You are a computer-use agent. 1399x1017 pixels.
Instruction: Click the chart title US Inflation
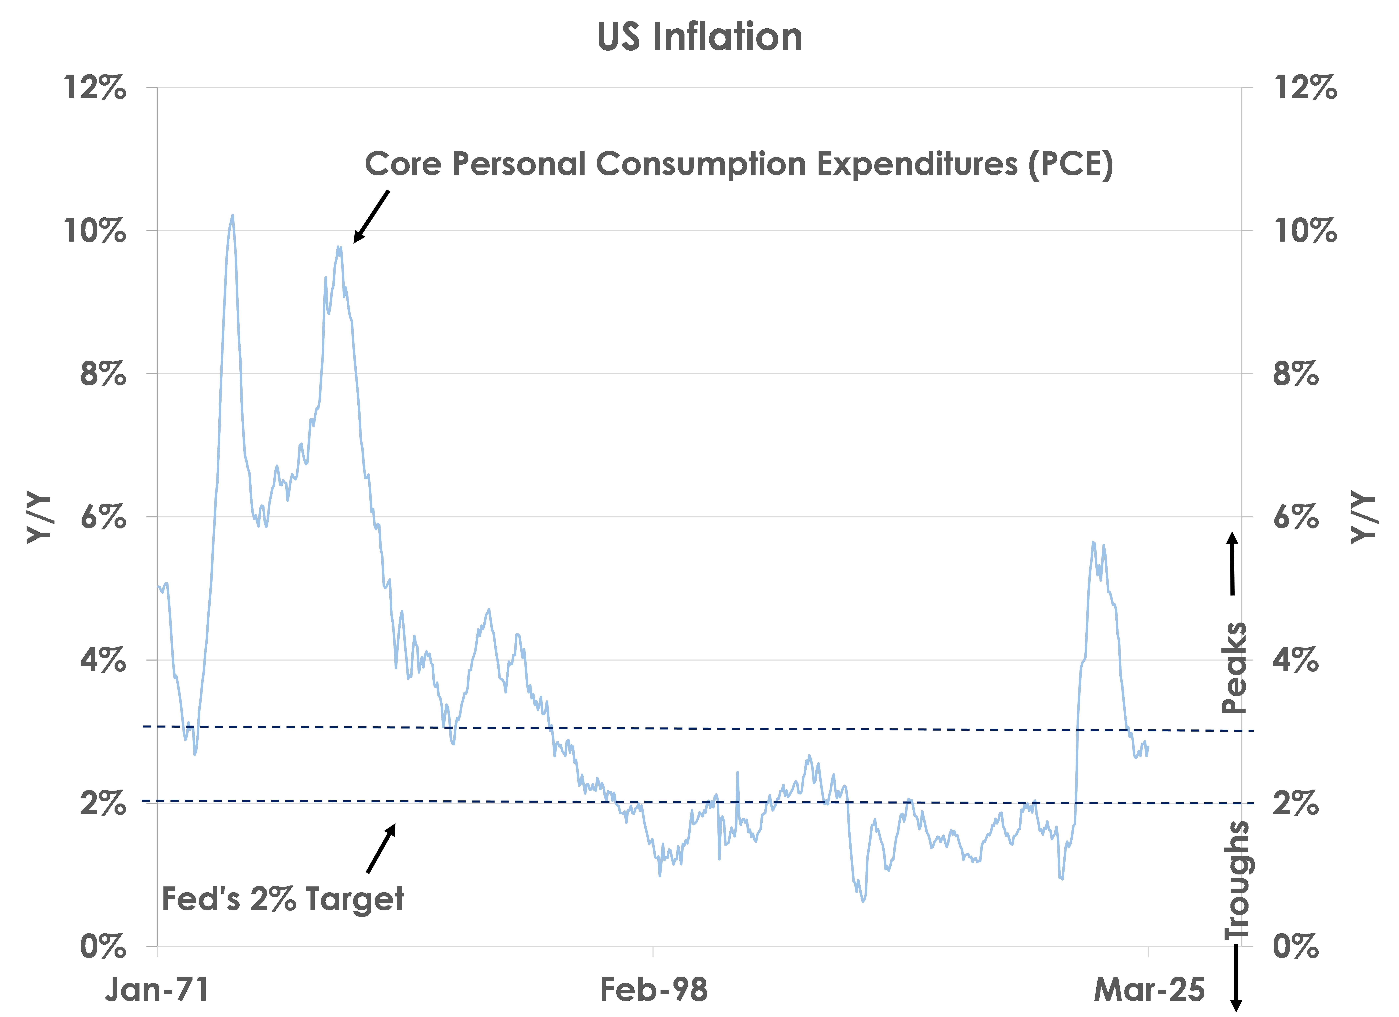[x=699, y=37]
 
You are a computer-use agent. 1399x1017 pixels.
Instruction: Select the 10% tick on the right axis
[x=1305, y=231]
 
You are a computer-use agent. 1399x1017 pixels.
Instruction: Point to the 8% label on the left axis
[x=103, y=374]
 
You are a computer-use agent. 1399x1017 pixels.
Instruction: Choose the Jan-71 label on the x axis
[x=157, y=990]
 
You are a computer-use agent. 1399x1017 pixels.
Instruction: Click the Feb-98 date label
[x=654, y=990]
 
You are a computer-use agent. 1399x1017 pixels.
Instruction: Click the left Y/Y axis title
[x=38, y=518]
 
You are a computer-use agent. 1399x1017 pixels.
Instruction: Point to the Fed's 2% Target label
[x=283, y=898]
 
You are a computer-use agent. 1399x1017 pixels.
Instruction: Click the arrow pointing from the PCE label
[x=371, y=217]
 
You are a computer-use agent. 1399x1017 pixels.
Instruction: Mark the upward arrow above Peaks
[x=1232, y=563]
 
